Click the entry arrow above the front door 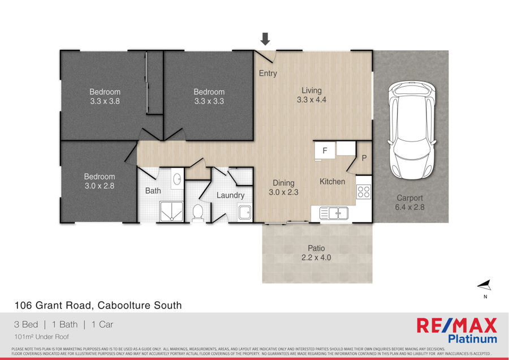(265, 38)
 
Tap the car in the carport (411, 130)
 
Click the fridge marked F (325, 151)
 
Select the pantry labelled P (364, 158)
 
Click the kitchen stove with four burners (364, 191)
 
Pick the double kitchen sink (334, 213)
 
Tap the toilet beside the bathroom (198, 213)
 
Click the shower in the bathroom (171, 212)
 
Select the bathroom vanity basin (177, 179)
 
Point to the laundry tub (244, 213)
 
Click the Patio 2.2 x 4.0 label (316, 253)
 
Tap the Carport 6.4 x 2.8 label (409, 203)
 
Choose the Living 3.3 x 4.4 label (311, 95)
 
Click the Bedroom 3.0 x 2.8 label (100, 181)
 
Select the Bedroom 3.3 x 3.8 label (105, 96)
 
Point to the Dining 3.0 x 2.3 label (283, 187)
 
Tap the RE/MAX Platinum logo (457, 331)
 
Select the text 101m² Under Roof (41, 337)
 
